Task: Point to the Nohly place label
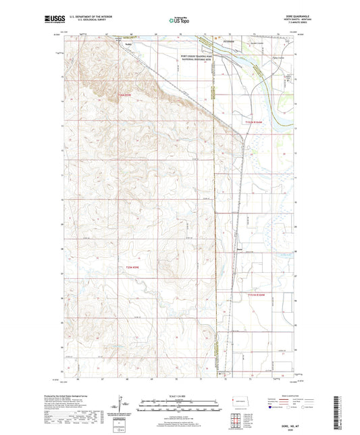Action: pos(129,45)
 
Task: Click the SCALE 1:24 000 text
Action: pos(180,395)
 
